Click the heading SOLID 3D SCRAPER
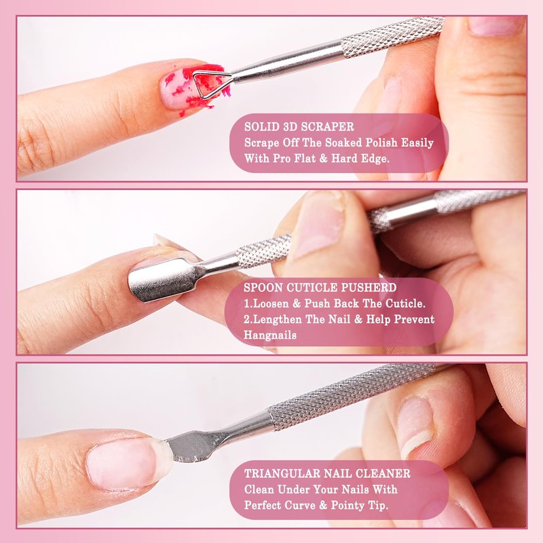point(299,127)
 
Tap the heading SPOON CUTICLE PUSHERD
point(320,288)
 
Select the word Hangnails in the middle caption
point(269,335)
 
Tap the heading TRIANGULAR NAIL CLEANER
point(327,473)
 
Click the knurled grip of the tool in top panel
point(392,37)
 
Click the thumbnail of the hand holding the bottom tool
point(415,426)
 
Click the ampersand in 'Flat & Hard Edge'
point(323,159)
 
